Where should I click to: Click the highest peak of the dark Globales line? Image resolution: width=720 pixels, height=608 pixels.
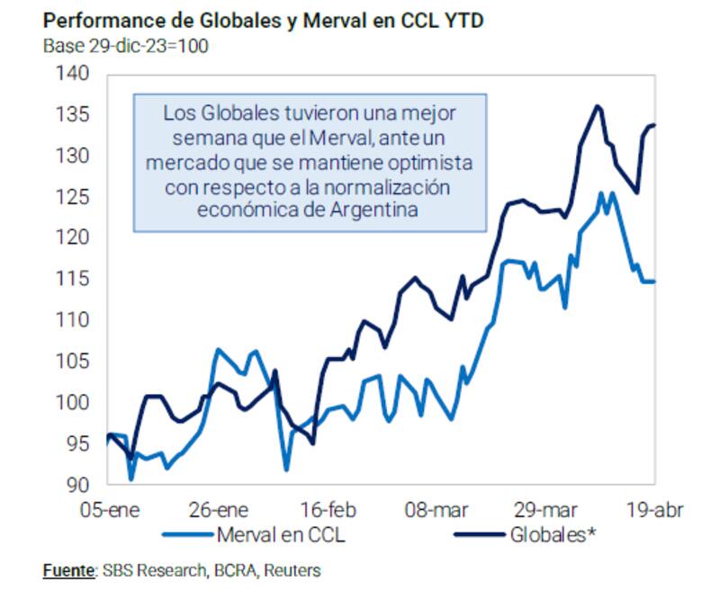point(597,106)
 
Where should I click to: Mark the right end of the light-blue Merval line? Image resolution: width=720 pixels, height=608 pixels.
point(654,282)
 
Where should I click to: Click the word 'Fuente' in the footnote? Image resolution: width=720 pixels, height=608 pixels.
point(68,570)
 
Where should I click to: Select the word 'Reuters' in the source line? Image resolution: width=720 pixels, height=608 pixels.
point(293,570)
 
